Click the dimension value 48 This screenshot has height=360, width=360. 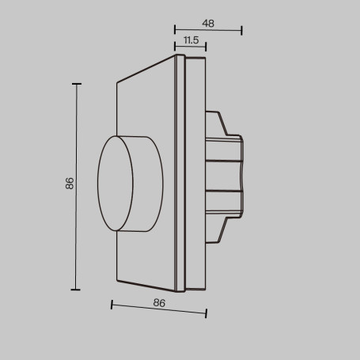tap(208, 23)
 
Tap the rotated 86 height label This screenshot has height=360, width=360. tap(70, 184)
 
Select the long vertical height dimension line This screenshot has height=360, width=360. tap(78, 186)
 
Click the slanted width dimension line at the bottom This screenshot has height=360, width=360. tap(158, 309)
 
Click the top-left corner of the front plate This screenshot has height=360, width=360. tap(117, 81)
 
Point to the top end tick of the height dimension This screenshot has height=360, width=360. tap(78, 83)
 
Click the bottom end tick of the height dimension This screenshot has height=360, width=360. tap(78, 290)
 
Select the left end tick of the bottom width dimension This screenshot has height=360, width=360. tap(112, 304)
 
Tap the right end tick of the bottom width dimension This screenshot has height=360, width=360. tap(206, 314)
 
